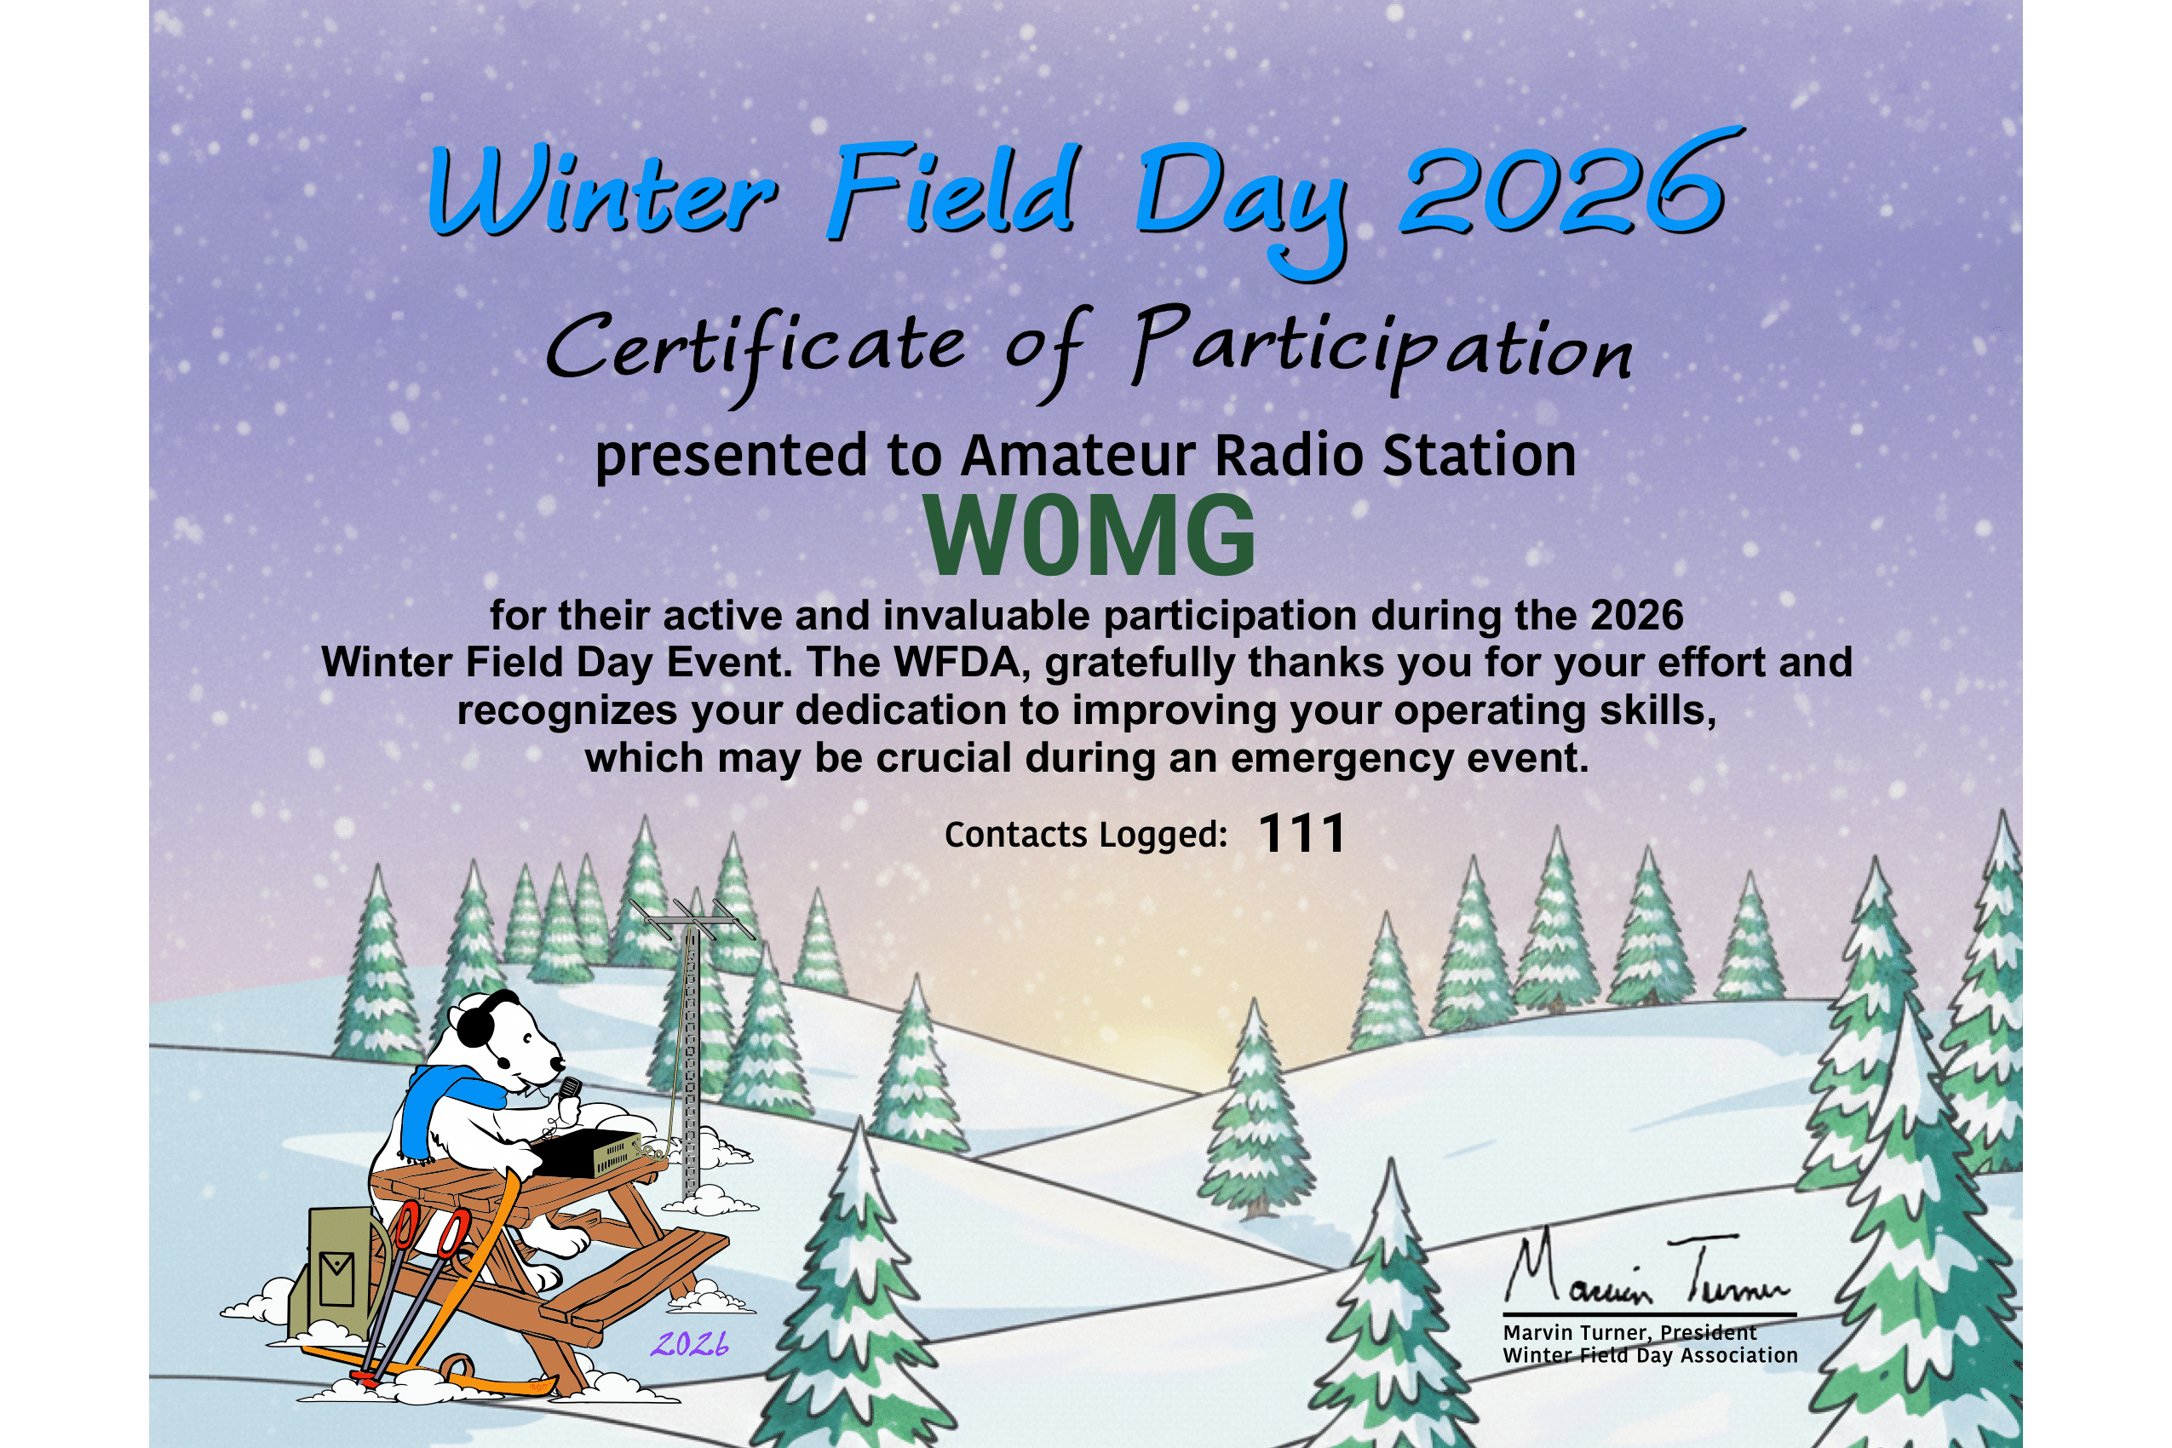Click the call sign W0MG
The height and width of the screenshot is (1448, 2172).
(1090, 536)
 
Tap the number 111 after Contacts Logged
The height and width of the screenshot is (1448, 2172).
(1302, 834)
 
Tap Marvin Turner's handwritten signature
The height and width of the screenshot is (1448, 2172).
(1647, 1271)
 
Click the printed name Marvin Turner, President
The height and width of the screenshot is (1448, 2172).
(1630, 1332)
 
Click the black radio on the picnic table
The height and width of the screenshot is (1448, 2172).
(589, 1152)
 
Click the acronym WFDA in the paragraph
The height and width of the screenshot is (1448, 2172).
(957, 662)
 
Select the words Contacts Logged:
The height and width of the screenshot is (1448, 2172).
(1086, 835)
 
